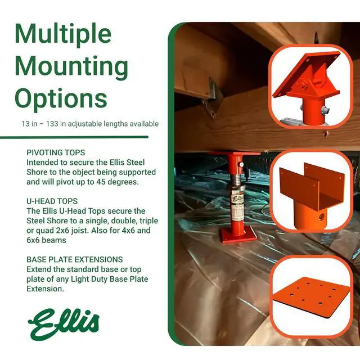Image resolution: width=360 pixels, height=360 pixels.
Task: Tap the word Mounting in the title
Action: click(x=71, y=66)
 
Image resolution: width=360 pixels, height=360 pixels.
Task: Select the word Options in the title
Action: click(x=61, y=99)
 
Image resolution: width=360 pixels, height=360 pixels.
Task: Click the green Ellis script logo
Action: click(x=64, y=324)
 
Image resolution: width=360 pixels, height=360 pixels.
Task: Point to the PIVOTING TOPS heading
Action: click(x=56, y=152)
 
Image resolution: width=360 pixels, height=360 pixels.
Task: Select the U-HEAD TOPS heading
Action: click(x=52, y=201)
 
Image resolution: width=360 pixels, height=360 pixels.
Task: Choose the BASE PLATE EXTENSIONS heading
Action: click(x=75, y=259)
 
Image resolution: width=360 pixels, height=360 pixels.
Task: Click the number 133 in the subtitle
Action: click(x=52, y=124)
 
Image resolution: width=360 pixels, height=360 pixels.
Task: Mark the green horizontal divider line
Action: click(x=74, y=137)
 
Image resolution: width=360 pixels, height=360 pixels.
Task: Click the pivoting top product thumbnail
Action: click(x=310, y=86)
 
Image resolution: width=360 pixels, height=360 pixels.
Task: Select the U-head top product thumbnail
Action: click(x=311, y=191)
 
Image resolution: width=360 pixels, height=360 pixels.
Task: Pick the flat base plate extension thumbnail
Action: click(x=311, y=296)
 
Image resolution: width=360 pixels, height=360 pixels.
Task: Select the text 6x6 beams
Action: click(x=46, y=240)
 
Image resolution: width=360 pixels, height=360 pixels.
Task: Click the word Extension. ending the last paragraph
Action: click(x=45, y=289)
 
